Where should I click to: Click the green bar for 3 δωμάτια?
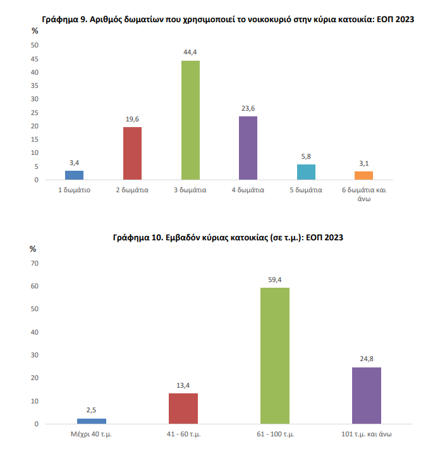pos(190,120)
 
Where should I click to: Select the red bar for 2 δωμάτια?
pos(132,154)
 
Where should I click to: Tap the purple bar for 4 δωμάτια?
pos(248,148)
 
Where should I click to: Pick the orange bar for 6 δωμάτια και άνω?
pos(363,176)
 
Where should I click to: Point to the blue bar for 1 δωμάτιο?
pos(75,175)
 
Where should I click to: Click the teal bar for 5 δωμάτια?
pos(306,172)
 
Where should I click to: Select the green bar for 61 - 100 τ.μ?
pos(275,355)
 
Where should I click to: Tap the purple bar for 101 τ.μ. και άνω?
pos(367,395)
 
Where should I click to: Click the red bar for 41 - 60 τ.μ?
pos(183,409)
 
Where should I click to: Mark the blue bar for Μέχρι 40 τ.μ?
pos(92,421)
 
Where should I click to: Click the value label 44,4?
pos(190,52)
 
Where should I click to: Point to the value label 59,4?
pos(275,280)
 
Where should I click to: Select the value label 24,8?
pos(367,359)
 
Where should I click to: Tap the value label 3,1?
pos(363,164)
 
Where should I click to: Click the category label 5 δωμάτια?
pos(306,190)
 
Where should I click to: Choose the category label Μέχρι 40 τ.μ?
pos(92,434)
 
